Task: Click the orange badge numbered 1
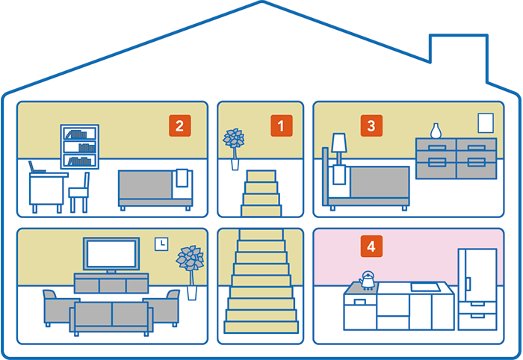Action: [x=281, y=125]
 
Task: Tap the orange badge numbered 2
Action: [x=179, y=125]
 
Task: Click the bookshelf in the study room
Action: [x=79, y=148]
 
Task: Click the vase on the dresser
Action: [x=436, y=131]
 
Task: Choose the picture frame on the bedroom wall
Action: [x=486, y=123]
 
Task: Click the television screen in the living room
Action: [x=111, y=255]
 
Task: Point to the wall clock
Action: [x=161, y=243]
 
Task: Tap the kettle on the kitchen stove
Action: [x=367, y=279]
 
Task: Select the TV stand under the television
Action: [x=111, y=284]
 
